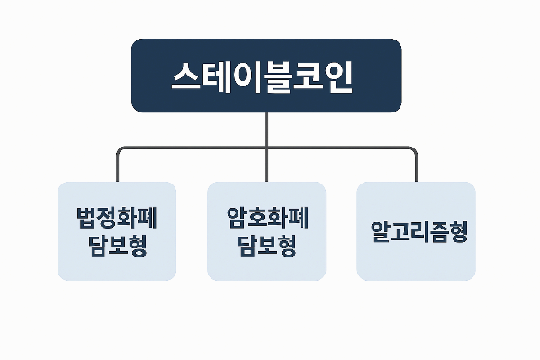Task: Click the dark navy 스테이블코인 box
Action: pos(266,76)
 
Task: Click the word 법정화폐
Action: pos(117,218)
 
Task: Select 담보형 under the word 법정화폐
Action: pos(117,246)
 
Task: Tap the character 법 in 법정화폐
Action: pos(87,218)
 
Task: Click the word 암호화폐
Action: pos(266,218)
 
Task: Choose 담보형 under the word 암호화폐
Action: pos(266,246)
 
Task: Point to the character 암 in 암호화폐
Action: pos(237,218)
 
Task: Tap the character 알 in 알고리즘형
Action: pos(378,231)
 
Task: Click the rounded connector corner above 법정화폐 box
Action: pos(120,149)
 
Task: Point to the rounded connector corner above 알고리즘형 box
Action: pos(413,149)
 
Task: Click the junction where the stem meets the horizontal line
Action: pos(267,147)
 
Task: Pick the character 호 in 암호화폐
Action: pos(256,218)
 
